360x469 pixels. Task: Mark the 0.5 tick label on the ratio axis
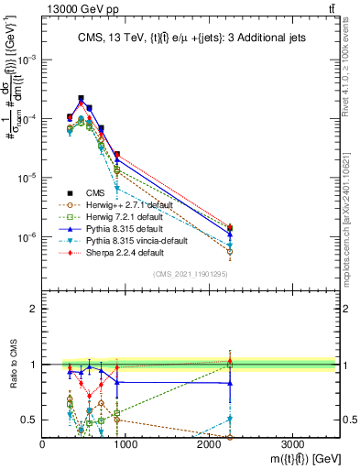(30, 420)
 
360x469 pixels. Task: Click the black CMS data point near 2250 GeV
(229, 228)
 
